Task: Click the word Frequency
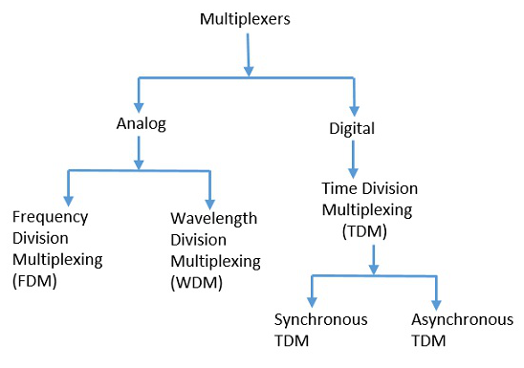(44, 218)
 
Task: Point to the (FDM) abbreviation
(33, 280)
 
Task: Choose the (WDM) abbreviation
(194, 280)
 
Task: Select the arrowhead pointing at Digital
(354, 105)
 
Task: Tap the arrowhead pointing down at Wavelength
(209, 193)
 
